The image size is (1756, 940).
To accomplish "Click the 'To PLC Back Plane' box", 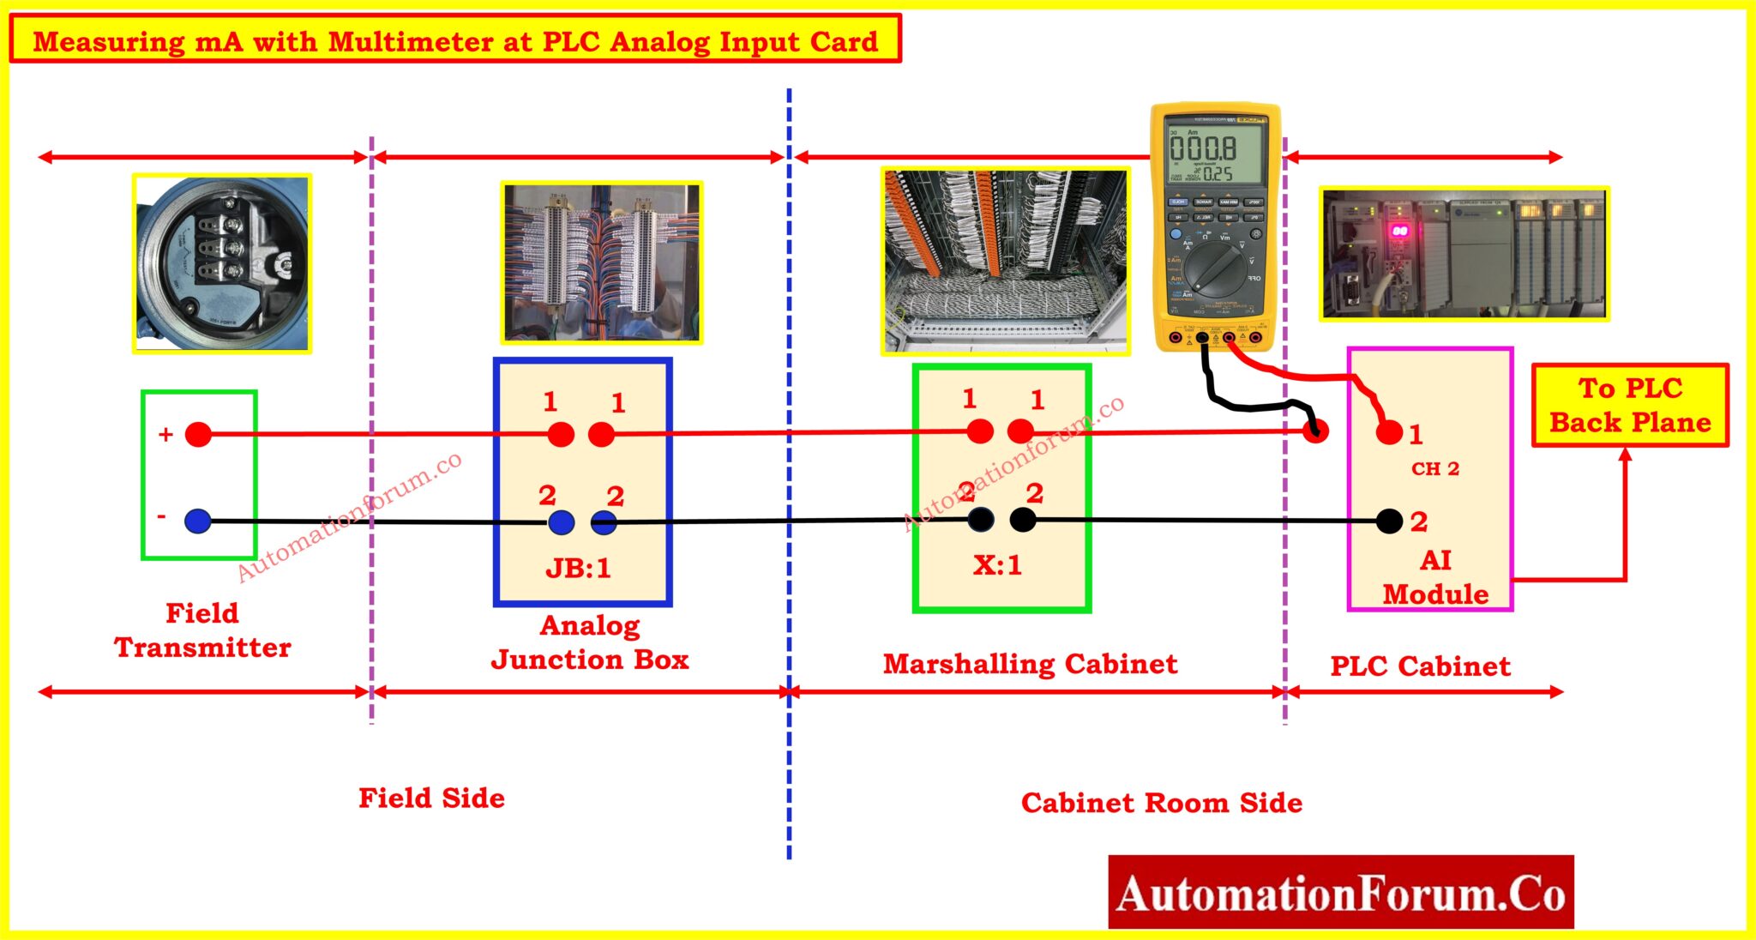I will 1629,405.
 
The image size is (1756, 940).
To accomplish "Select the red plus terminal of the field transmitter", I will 198,434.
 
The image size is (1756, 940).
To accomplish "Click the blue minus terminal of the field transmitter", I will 198,521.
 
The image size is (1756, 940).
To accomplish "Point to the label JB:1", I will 578,568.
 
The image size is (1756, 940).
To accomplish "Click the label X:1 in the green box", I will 997,564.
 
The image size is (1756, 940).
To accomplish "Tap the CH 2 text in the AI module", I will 1434,468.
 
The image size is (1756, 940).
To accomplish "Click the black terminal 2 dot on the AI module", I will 1389,521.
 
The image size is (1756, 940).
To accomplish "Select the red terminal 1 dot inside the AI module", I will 1388,433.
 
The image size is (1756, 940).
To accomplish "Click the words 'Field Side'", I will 431,798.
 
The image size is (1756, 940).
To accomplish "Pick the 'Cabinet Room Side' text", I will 1161,803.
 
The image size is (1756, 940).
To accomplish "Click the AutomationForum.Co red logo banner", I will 1340,892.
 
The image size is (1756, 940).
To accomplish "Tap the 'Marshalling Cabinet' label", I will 1030,664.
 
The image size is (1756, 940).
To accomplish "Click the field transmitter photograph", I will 222,263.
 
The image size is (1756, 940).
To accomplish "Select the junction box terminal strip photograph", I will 602,262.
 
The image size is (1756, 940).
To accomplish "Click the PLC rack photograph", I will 1463,254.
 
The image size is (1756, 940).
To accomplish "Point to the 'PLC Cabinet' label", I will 1420,666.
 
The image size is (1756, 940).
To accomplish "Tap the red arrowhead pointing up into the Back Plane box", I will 1625,455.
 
